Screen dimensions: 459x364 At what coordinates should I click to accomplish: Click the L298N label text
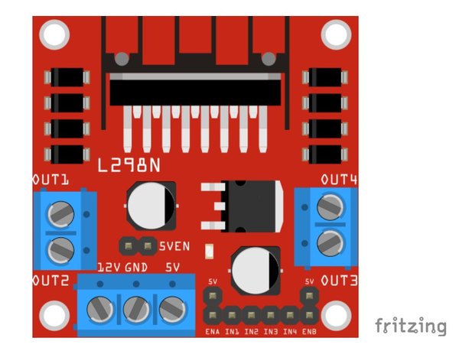129,165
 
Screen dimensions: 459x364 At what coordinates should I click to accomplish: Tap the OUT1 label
50,180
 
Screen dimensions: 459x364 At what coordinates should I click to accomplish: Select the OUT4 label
339,180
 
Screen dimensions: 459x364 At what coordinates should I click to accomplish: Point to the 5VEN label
174,246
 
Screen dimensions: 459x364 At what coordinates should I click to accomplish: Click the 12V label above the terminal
109,268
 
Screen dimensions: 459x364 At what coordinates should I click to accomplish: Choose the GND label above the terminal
136,268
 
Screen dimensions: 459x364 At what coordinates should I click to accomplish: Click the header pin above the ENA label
213,315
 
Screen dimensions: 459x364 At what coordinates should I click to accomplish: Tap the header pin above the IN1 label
232,315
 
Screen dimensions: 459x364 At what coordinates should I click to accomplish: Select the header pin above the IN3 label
271,315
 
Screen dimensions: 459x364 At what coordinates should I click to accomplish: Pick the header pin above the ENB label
309,315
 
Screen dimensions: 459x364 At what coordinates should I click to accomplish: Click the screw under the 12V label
100,310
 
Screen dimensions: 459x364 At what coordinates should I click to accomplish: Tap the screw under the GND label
136,310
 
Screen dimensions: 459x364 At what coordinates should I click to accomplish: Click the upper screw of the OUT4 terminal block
330,207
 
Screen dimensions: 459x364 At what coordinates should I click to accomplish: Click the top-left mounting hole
54,34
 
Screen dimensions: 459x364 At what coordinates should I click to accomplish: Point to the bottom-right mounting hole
337,315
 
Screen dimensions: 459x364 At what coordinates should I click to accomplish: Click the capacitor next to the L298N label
151,206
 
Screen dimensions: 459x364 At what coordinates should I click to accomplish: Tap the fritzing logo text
411,325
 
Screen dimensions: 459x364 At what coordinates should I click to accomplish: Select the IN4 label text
290,332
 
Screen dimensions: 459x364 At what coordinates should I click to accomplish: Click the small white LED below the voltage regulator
210,251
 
